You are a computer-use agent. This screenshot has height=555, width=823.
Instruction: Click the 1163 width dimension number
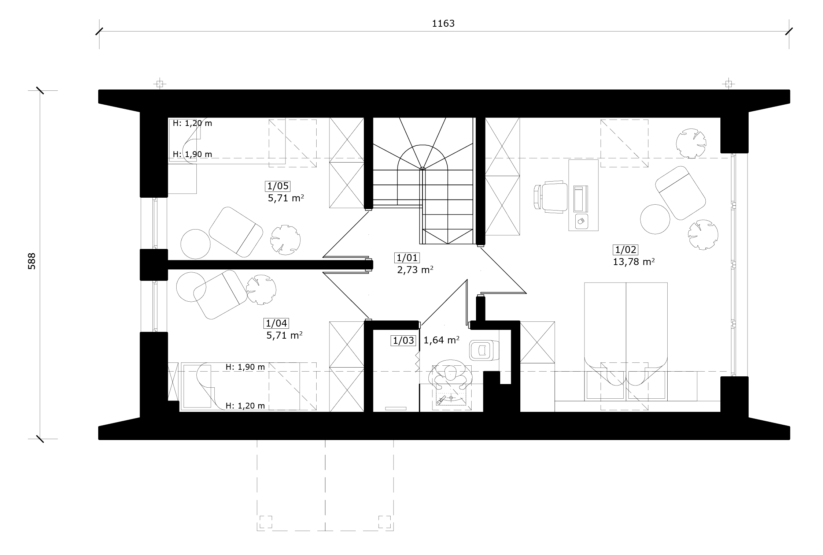coord(443,23)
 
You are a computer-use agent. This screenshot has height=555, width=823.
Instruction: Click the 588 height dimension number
coord(32,261)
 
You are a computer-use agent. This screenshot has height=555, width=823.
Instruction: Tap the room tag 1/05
coord(278,186)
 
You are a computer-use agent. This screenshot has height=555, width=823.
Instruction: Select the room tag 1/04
coord(276,323)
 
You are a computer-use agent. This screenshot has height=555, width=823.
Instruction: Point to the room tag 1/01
coord(407,258)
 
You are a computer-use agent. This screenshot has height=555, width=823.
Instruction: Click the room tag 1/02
coord(625,250)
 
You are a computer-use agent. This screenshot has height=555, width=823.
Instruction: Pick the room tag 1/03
coord(403,341)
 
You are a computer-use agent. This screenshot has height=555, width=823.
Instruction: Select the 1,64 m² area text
coord(442,340)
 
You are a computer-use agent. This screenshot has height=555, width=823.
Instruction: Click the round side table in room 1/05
coord(196,244)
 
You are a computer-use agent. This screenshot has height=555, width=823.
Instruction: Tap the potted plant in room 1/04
coord(261,290)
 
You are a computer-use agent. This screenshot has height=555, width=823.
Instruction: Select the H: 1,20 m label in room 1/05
coord(192,123)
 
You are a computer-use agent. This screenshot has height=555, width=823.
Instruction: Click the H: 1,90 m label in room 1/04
coord(245,367)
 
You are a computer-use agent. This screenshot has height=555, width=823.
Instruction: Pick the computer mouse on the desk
coord(580,221)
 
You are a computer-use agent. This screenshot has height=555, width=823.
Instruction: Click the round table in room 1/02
coord(655,219)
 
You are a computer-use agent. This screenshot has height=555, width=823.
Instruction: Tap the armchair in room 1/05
coord(236,232)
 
